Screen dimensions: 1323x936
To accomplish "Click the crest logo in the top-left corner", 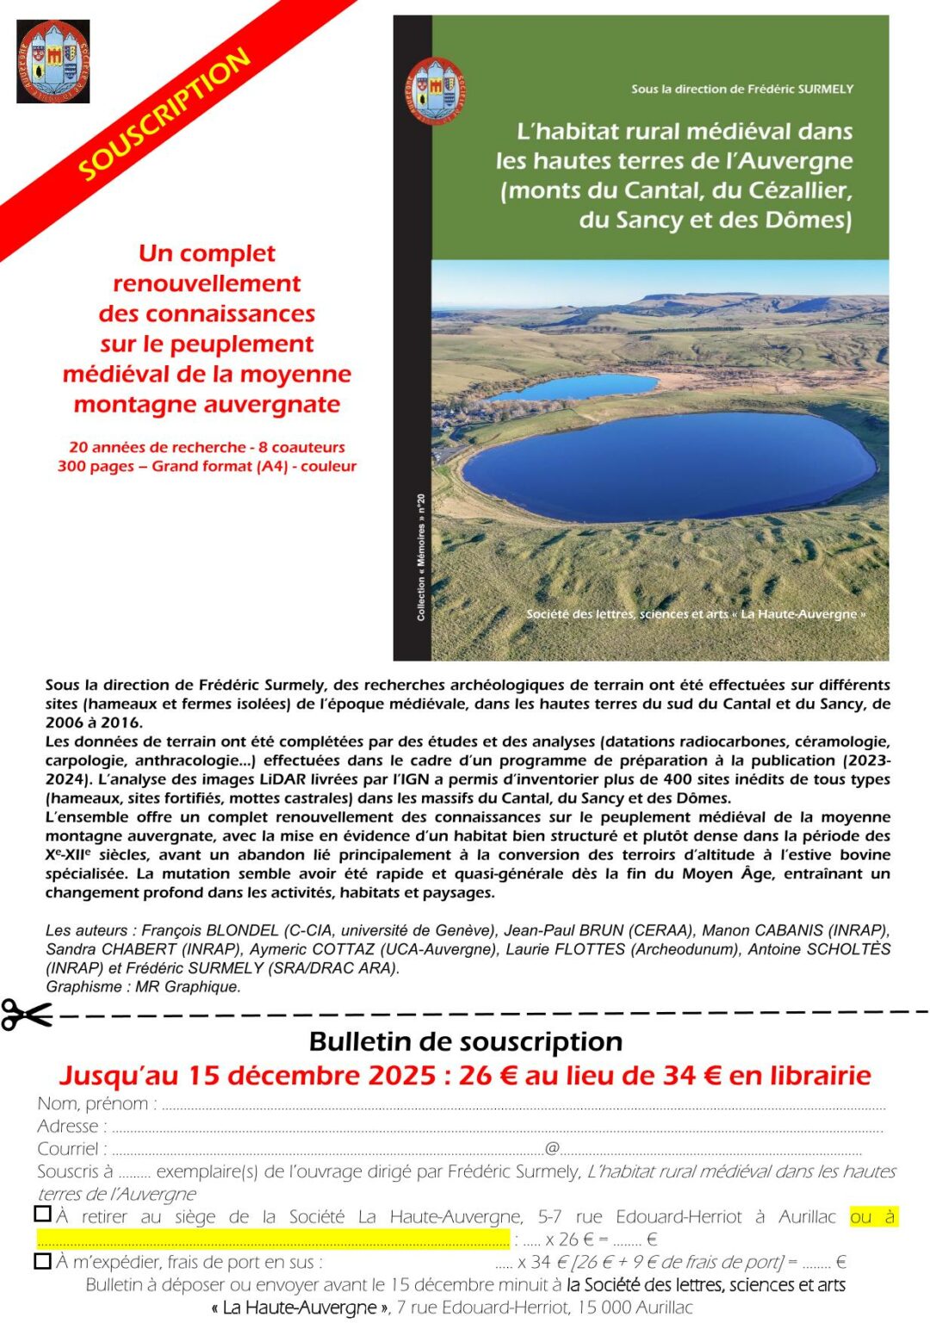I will coord(53,62).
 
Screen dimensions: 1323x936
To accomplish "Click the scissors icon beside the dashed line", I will coord(26,1015).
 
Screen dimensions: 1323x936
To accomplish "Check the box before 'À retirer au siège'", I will coord(42,1214).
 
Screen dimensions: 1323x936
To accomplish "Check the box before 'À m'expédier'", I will coord(42,1261).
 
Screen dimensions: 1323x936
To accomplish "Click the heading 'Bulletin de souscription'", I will coord(465,1041).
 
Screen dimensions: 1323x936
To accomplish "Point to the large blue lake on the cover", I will coord(669,466).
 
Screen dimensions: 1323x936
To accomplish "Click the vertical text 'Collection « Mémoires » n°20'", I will coord(420,557).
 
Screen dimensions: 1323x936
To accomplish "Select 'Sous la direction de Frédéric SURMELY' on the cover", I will coord(741,89).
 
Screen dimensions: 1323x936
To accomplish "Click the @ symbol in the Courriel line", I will coord(552,1148).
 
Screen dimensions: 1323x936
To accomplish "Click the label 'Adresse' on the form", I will coord(71,1126).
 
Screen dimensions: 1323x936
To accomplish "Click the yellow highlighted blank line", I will coord(273,1239).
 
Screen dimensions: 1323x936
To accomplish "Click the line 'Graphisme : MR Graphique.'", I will coord(143,987).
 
